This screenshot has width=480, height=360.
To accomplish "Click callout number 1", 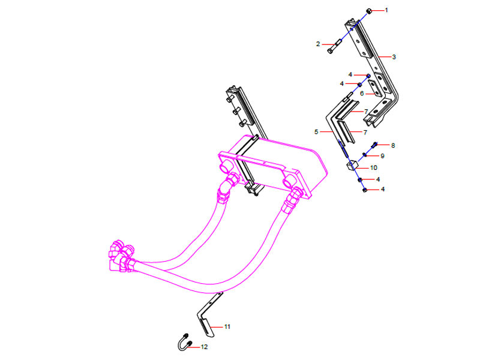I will [x=386, y=10].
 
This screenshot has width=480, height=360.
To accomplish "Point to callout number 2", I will [x=319, y=44].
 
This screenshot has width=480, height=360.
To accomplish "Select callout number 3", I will [x=394, y=57].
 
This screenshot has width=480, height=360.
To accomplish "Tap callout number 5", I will [x=316, y=131].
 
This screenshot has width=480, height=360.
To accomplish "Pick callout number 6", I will [x=362, y=94].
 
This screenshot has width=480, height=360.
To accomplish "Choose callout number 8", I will [x=393, y=145].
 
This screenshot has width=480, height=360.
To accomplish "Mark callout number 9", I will [x=382, y=155].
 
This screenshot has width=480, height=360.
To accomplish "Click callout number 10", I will [x=373, y=167].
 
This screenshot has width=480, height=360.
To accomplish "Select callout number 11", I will [x=227, y=326].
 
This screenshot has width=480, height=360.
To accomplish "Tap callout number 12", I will [x=205, y=347].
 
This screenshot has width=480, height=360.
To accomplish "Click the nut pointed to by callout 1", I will [x=370, y=10].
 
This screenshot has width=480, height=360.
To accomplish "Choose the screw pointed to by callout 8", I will [x=374, y=145].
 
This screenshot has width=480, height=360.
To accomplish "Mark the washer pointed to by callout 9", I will [x=365, y=155].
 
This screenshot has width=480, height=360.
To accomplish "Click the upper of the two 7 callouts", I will [x=365, y=112].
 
